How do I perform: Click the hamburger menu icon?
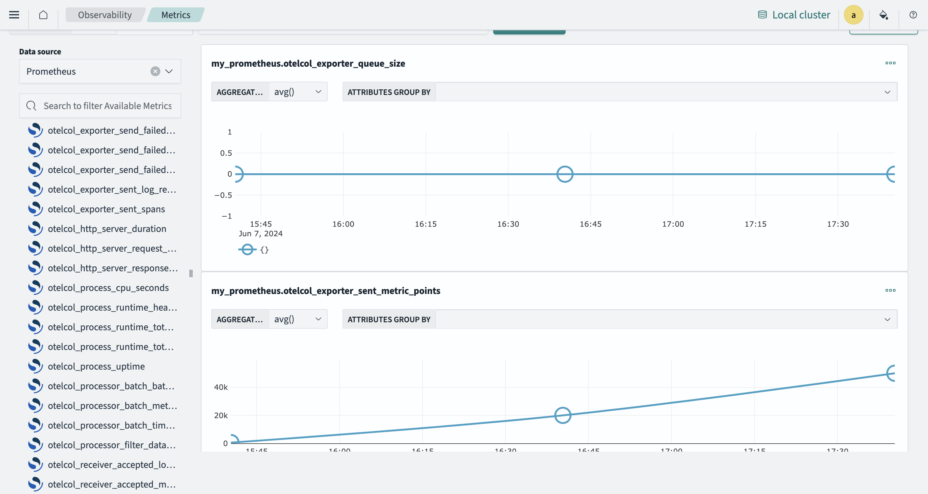[x=14, y=15]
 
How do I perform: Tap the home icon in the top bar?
[x=43, y=15]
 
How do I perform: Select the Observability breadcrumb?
[x=104, y=15]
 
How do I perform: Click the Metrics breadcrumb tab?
[x=175, y=15]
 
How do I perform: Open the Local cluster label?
[x=801, y=15]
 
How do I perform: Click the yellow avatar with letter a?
[x=853, y=15]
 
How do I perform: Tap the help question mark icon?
[x=913, y=15]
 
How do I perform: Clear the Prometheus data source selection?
[x=155, y=71]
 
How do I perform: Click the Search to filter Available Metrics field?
[x=107, y=106]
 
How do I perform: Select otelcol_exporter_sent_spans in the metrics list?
[x=106, y=209]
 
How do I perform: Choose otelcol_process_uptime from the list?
[x=96, y=366]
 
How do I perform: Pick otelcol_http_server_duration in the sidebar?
[x=107, y=229]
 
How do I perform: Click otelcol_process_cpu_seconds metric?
[x=108, y=288]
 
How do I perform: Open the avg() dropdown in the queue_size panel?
[x=298, y=92]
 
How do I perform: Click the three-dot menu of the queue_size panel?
[x=890, y=63]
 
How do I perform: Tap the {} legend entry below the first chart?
[x=264, y=250]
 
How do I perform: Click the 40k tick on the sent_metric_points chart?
[x=221, y=387]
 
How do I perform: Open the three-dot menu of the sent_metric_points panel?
[x=890, y=290]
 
